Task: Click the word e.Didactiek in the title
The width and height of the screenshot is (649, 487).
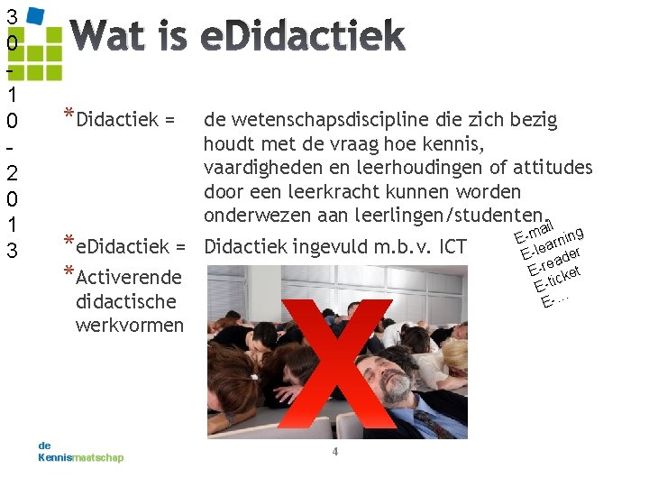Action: click(302, 37)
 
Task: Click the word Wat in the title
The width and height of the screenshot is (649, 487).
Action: click(107, 37)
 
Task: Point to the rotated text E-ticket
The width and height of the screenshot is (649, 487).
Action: click(557, 277)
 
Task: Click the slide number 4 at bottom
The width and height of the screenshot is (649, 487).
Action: click(334, 451)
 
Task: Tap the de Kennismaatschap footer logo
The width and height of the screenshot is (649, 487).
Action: click(80, 452)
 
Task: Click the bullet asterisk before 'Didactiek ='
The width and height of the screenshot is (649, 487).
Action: click(69, 115)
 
